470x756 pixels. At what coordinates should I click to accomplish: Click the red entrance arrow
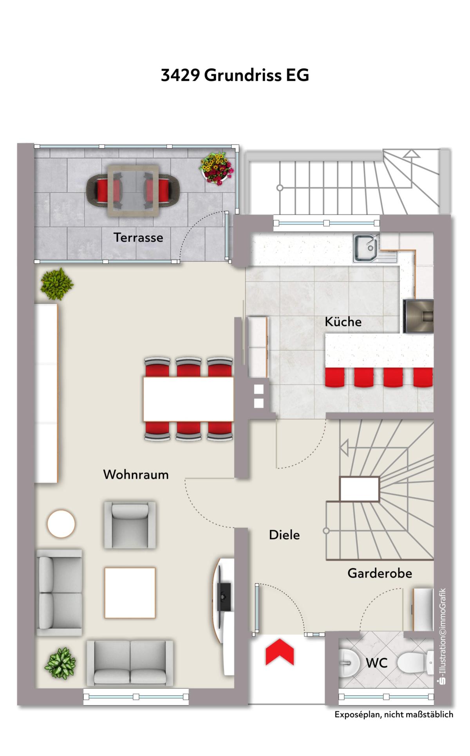pyautogui.click(x=280, y=652)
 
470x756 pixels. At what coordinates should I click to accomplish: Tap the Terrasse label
pyautogui.click(x=138, y=237)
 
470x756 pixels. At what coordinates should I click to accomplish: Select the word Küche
pyautogui.click(x=343, y=322)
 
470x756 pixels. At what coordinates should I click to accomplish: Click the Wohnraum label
pyautogui.click(x=136, y=475)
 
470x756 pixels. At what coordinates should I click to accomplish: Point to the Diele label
pyautogui.click(x=284, y=535)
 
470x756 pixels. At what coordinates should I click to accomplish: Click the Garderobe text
pyautogui.click(x=380, y=573)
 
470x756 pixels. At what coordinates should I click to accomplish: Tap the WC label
pyautogui.click(x=376, y=663)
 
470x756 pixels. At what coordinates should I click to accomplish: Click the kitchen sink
pyautogui.click(x=366, y=248)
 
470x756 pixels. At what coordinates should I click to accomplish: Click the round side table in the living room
pyautogui.click(x=61, y=523)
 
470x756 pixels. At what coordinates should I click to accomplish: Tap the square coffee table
pyautogui.click(x=130, y=593)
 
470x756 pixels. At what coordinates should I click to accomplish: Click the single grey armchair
pyautogui.click(x=130, y=525)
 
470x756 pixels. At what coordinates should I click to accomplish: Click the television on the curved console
pyautogui.click(x=224, y=597)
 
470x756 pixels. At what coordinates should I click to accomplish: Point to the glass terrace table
pyautogui.click(x=134, y=191)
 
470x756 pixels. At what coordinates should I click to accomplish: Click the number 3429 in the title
pyautogui.click(x=180, y=75)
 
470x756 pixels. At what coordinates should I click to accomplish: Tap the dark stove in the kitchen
pyautogui.click(x=418, y=316)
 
